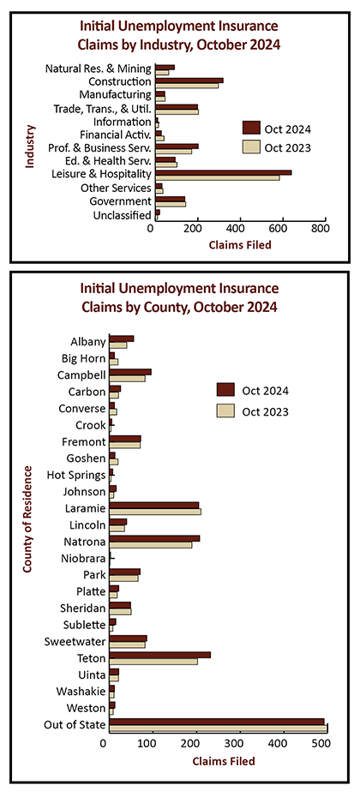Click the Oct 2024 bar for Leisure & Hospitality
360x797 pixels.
pos(223,172)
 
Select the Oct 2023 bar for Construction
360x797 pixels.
pos(187,86)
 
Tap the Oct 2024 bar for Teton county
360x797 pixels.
pos(159,656)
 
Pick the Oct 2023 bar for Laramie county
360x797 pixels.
pos(155,511)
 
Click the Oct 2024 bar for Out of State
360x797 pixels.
pos(217,722)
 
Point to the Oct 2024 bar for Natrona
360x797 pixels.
pos(154,538)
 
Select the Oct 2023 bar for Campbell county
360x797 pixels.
pos(127,378)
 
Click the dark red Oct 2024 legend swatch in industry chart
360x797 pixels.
pos(251,128)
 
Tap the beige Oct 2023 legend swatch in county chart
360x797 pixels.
pos(225,410)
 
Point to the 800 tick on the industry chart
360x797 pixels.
pos(325,222)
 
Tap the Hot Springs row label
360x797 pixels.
pos(75,476)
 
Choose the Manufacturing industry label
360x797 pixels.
pos(115,94)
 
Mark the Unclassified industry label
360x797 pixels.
pos(122,215)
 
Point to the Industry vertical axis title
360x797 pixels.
pos(30,146)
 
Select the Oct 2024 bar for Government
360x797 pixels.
pos(170,199)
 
